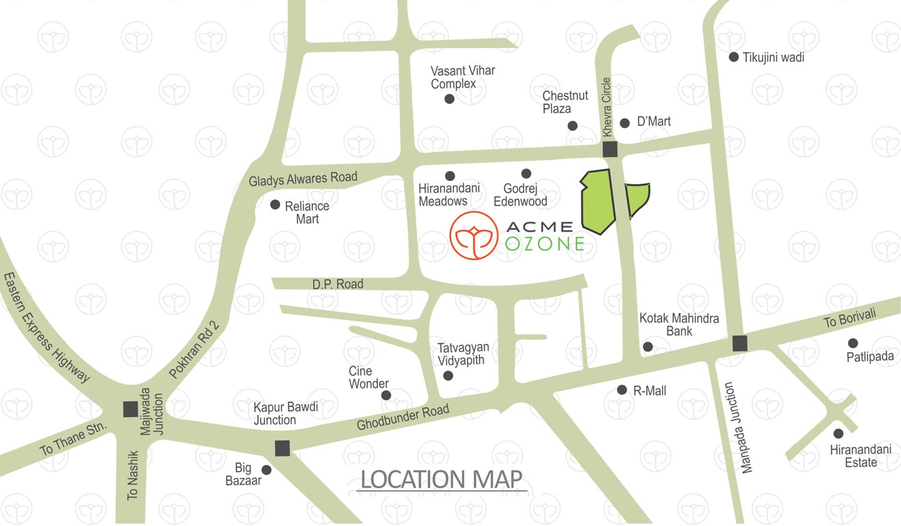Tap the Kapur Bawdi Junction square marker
click(x=282, y=449)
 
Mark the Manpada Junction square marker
click(x=739, y=343)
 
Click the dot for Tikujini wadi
click(x=733, y=58)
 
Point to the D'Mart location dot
click(x=624, y=123)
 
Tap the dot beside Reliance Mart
click(x=275, y=205)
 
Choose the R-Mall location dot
click(x=622, y=390)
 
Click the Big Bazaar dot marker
click(x=266, y=471)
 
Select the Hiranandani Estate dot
click(x=838, y=434)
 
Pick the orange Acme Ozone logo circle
click(x=473, y=234)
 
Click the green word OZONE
click(x=546, y=243)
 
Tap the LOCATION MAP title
click(x=442, y=479)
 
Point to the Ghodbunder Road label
click(x=403, y=417)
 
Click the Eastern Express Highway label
click(x=47, y=327)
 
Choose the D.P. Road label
click(x=338, y=284)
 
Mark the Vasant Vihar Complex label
click(x=462, y=77)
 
